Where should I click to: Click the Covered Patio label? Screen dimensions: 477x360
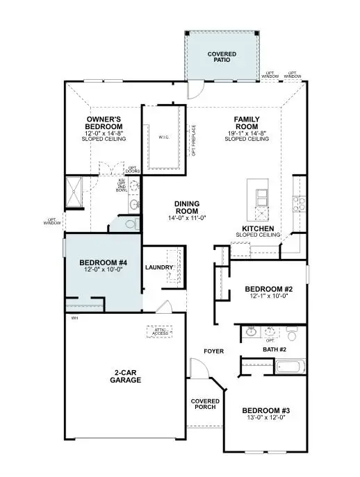[x=222, y=57]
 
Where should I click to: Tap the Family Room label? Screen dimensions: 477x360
[x=246, y=124]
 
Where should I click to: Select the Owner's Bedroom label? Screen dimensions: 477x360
[x=104, y=124]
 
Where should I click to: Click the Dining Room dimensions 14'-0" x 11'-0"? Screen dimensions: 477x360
[x=186, y=218]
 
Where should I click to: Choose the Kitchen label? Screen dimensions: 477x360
[x=257, y=228]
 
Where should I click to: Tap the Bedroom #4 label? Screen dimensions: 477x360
[x=104, y=262]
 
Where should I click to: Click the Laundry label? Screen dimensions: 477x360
[x=158, y=267]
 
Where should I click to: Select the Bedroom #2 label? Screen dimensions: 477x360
[x=268, y=289]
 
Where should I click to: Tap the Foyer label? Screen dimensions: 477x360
[x=214, y=351]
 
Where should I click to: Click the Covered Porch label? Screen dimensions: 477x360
[x=206, y=404]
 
